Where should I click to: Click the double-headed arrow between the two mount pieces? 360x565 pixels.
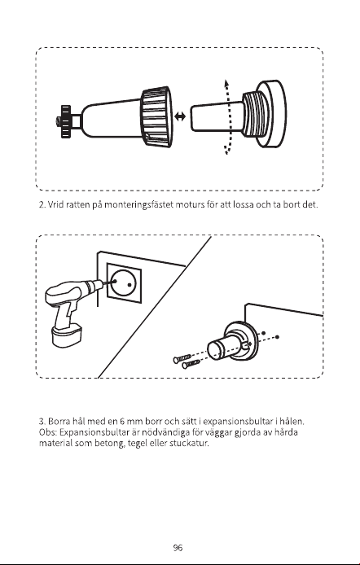[x=179, y=116]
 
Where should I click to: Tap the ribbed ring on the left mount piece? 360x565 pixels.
[x=156, y=116]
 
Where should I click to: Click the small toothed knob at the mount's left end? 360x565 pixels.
[x=65, y=121]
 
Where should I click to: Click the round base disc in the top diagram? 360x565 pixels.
[x=272, y=113]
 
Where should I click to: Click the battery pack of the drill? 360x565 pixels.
[x=68, y=335]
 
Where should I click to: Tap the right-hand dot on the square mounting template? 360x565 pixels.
[x=130, y=285]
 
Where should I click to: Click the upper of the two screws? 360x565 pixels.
[x=182, y=358]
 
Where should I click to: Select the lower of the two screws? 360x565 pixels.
[x=191, y=364]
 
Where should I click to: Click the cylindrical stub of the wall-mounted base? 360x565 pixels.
[x=222, y=346]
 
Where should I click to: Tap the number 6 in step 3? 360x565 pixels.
[x=122, y=421]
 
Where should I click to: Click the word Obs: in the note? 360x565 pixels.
[x=48, y=432]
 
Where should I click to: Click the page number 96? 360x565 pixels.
[x=178, y=548]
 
